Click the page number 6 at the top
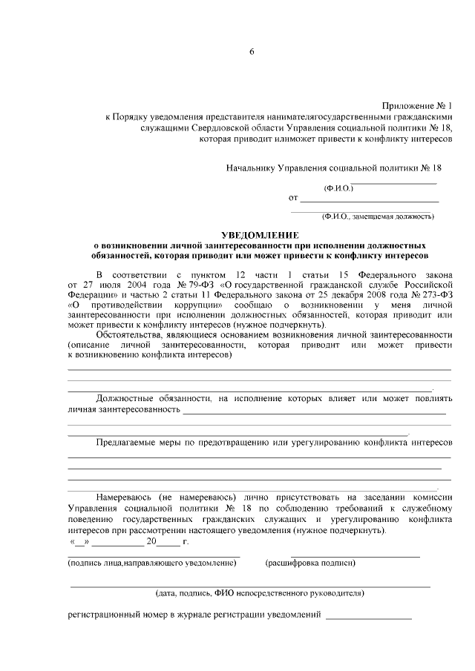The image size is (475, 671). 252,52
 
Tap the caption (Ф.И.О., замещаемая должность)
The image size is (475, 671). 377,217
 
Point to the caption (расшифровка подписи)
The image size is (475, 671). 310,563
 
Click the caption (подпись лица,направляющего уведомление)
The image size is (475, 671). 151,563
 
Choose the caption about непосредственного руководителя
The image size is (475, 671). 259,594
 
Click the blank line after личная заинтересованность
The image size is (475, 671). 314,410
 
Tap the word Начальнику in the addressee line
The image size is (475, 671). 251,168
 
